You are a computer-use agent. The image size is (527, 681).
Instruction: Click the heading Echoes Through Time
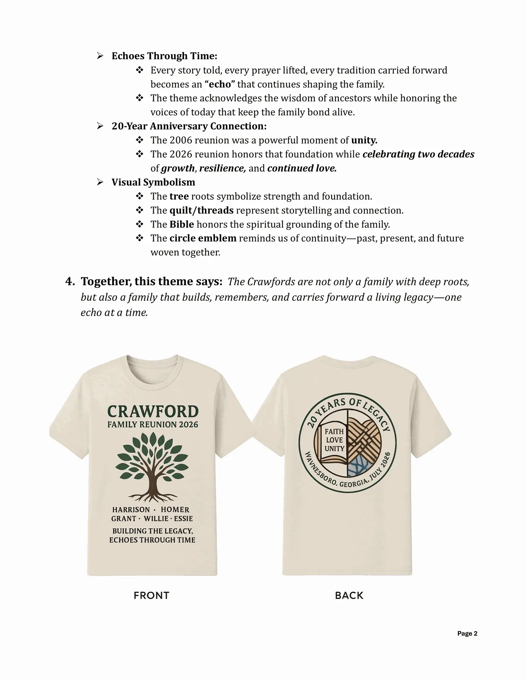click(164, 56)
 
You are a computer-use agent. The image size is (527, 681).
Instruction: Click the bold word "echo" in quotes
click(220, 84)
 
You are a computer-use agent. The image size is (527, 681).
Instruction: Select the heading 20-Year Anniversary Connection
click(189, 126)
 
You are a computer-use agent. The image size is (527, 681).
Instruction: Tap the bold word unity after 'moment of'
click(364, 140)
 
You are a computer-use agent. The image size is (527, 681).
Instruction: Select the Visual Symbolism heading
click(153, 182)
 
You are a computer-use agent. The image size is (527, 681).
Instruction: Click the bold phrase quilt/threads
click(201, 210)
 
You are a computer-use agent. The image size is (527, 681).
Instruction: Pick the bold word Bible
click(181, 225)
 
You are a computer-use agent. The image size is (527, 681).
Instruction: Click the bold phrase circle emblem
click(203, 238)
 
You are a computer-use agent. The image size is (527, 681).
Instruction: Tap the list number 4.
click(70, 282)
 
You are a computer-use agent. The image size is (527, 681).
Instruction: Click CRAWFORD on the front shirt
click(153, 412)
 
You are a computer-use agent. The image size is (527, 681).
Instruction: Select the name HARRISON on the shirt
click(131, 510)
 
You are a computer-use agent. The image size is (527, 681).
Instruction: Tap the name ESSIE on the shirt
click(183, 519)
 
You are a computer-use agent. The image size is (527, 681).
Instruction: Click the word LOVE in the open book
click(334, 440)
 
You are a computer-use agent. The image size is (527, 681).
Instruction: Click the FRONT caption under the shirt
click(151, 596)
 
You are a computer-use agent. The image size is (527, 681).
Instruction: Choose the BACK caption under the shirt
click(349, 596)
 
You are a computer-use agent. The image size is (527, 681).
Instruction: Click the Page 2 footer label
click(467, 633)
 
